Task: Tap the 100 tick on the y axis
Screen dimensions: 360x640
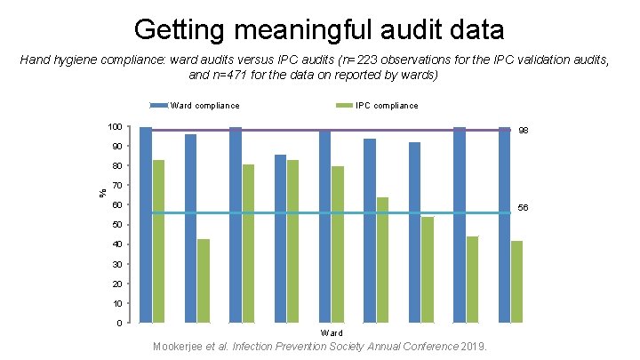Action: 114,127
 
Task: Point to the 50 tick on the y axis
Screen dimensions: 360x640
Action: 116,225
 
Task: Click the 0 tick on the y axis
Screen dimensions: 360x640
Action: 119,323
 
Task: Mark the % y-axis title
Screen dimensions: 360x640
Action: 100,189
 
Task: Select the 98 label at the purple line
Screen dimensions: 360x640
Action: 524,131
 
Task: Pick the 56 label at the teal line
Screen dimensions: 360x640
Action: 524,208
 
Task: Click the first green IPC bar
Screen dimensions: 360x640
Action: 158,241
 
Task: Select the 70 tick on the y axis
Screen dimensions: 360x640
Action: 116,186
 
